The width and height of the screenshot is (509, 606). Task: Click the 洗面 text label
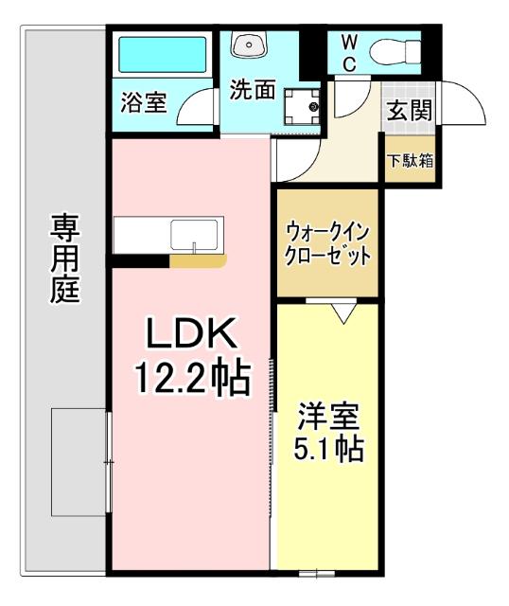click(253, 91)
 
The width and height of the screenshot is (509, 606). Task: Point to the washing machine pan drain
click(313, 107)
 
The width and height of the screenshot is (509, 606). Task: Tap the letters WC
click(348, 51)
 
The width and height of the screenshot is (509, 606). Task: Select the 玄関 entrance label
click(409, 111)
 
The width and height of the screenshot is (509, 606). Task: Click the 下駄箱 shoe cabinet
click(409, 159)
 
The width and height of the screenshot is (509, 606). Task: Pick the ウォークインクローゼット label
click(327, 242)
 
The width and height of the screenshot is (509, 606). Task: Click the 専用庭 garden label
click(64, 258)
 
